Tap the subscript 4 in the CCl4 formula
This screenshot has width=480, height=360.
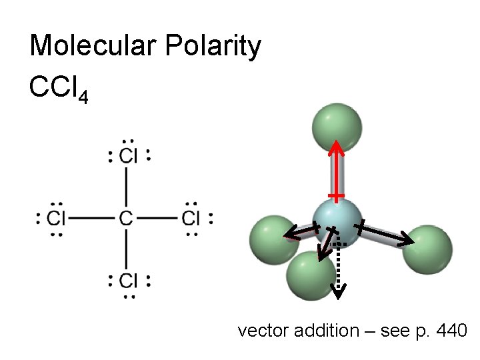coord(82,98)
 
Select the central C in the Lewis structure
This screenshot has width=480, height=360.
coord(126,218)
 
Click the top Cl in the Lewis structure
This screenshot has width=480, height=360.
coord(128,156)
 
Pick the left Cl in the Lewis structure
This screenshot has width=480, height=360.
coord(57,218)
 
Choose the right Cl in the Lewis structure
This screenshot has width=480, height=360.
coord(191,218)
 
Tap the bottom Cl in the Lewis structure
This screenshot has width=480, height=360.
coord(128,281)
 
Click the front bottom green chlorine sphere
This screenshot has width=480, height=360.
coord(311,275)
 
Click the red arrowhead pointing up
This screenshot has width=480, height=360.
coord(339,147)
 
